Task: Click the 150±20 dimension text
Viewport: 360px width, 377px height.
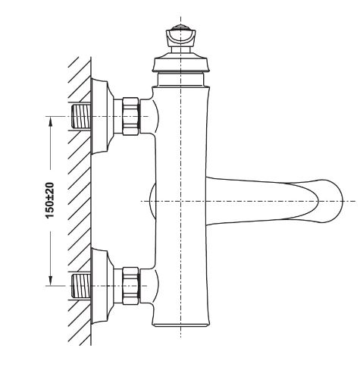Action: (x=50, y=200)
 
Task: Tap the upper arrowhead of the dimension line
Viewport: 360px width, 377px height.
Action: (x=51, y=121)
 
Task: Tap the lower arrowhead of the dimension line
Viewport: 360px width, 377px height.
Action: (x=51, y=281)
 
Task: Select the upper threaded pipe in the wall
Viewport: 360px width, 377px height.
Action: (x=81, y=116)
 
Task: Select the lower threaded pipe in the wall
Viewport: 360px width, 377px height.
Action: (x=81, y=286)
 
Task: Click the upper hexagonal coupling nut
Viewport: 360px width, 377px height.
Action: (x=130, y=116)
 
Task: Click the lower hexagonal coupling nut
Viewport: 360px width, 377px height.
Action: (x=130, y=286)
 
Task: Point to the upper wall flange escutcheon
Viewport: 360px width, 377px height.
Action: (x=101, y=116)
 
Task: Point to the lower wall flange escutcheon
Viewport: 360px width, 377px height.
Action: (x=101, y=286)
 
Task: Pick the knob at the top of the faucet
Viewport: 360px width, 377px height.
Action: (x=180, y=39)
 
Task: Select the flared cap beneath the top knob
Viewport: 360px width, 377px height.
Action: (x=180, y=62)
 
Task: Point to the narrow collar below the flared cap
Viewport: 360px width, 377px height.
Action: (x=180, y=79)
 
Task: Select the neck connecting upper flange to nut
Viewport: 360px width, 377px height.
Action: (x=118, y=116)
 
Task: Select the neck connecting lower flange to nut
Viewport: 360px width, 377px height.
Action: (x=118, y=286)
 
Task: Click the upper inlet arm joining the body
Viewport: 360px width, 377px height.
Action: (x=148, y=116)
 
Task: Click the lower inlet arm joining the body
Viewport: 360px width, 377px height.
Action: (x=148, y=286)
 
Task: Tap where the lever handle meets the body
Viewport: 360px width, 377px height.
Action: (x=207, y=201)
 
